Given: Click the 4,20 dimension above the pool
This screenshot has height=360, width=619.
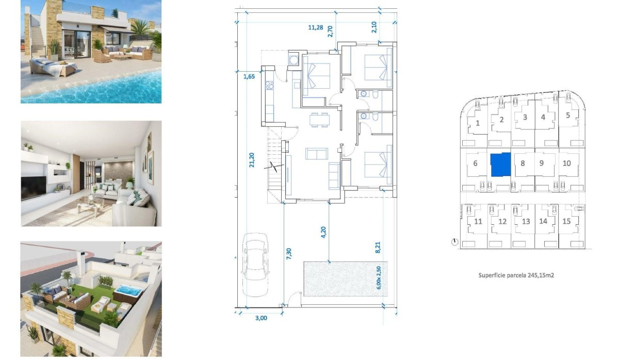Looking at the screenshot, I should coord(323,233).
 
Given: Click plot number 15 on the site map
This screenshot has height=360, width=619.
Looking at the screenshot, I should coord(567,221).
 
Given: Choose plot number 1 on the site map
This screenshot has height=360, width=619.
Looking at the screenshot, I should coord(478,123).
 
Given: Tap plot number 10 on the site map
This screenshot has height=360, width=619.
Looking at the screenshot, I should coord(566,163).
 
